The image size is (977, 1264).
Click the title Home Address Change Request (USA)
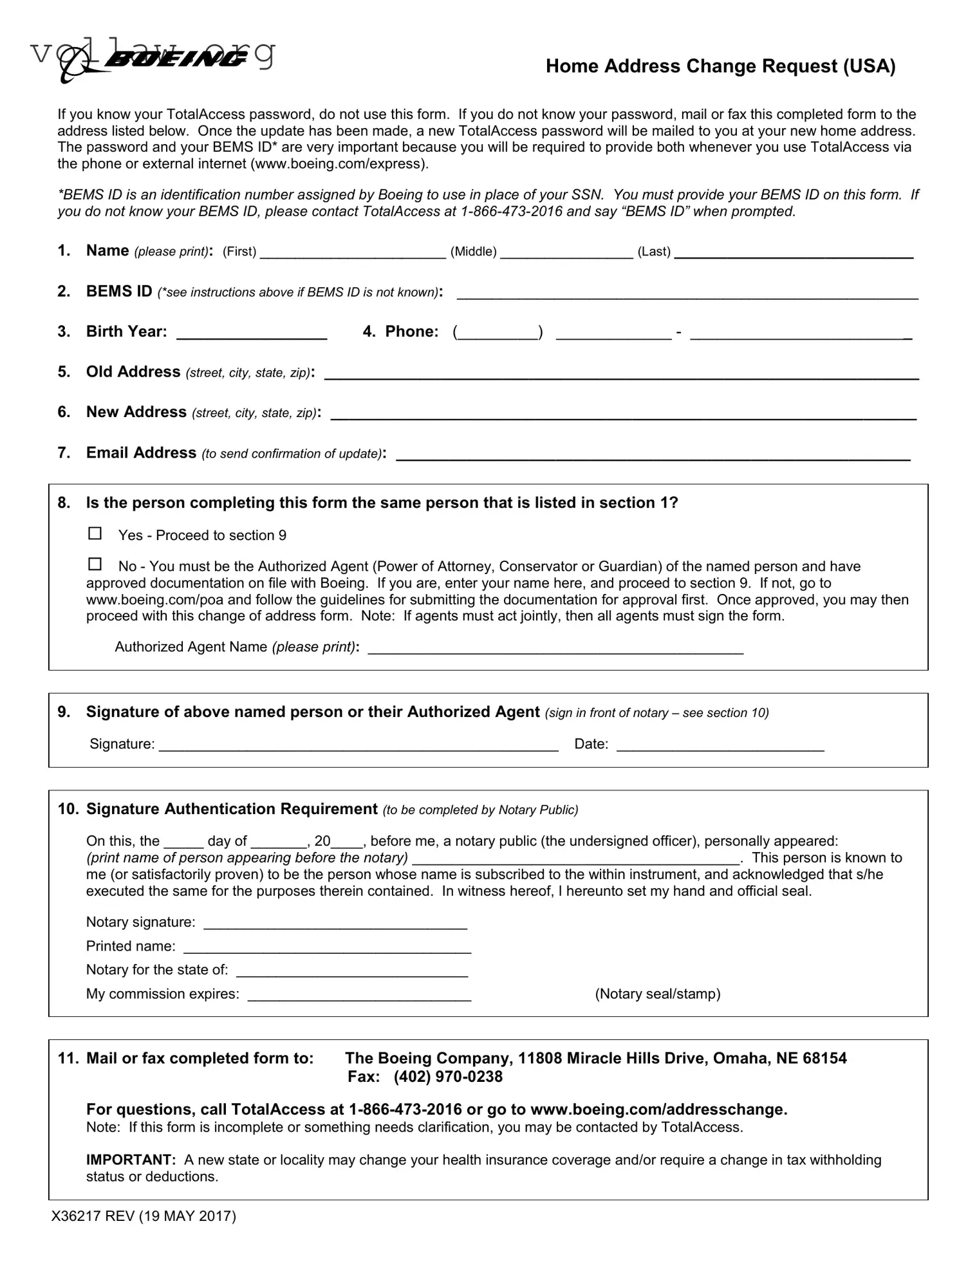tap(720, 66)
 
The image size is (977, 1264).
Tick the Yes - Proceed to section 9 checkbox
tap(95, 534)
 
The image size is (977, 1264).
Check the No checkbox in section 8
tap(95, 564)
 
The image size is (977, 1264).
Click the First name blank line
tap(352, 253)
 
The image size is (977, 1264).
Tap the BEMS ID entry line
tap(687, 293)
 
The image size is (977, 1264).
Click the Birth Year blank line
tap(251, 333)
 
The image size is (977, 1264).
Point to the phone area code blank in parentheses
tap(498, 333)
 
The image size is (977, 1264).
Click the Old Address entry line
tap(621, 374)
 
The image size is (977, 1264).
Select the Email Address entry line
tap(653, 455)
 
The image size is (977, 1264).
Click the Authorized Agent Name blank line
tap(555, 649)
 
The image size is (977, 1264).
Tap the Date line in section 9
tap(720, 746)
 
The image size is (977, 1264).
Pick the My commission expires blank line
tap(359, 996)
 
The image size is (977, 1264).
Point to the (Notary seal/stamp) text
tap(657, 994)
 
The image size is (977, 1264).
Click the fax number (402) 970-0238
tap(448, 1077)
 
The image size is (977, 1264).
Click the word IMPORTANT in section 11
tap(131, 1160)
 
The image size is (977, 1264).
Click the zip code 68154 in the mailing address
tap(824, 1058)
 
